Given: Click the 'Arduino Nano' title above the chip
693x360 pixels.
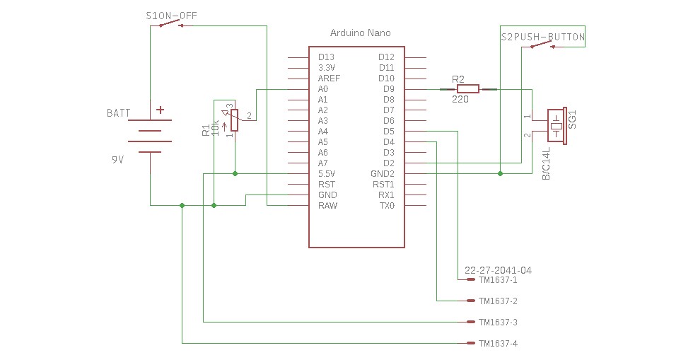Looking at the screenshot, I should [360, 33].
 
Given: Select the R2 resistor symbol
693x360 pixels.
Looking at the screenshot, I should [468, 89].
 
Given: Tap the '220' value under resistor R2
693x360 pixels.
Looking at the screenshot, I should [460, 100].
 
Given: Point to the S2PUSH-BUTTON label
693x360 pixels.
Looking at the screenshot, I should [542, 37].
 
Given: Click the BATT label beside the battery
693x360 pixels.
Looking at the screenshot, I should [119, 113].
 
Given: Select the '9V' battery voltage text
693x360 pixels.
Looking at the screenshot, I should [117, 160].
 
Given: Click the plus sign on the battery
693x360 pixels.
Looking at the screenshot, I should [161, 110].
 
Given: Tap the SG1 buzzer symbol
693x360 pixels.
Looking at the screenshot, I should [557, 126].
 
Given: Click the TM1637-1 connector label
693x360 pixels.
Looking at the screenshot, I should [498, 280].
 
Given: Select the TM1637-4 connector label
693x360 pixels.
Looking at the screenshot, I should [498, 344].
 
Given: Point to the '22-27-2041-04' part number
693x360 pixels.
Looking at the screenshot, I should [498, 270].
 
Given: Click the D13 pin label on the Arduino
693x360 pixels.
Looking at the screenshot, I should [326, 57].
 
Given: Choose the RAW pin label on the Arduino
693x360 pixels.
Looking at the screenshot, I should [327, 206].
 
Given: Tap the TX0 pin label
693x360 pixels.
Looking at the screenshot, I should [385, 206].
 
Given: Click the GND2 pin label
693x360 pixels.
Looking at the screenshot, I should [383, 174].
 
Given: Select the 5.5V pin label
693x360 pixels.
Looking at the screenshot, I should [327, 174].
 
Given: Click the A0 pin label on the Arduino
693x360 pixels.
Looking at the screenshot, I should [323, 89].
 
